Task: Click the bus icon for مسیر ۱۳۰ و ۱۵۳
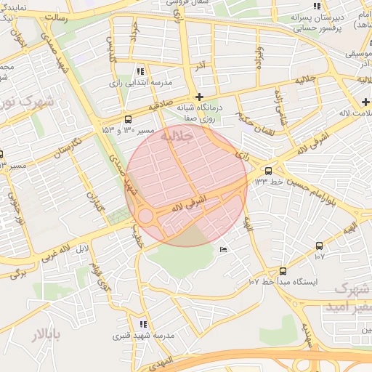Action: (129, 119)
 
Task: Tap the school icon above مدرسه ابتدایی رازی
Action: (140, 71)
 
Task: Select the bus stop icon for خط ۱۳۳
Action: (269, 171)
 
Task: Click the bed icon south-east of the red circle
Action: (223, 249)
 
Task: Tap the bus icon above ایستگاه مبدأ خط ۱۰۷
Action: (283, 270)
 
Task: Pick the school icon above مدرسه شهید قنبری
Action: (143, 324)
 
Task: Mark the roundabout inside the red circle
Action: (145, 216)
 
